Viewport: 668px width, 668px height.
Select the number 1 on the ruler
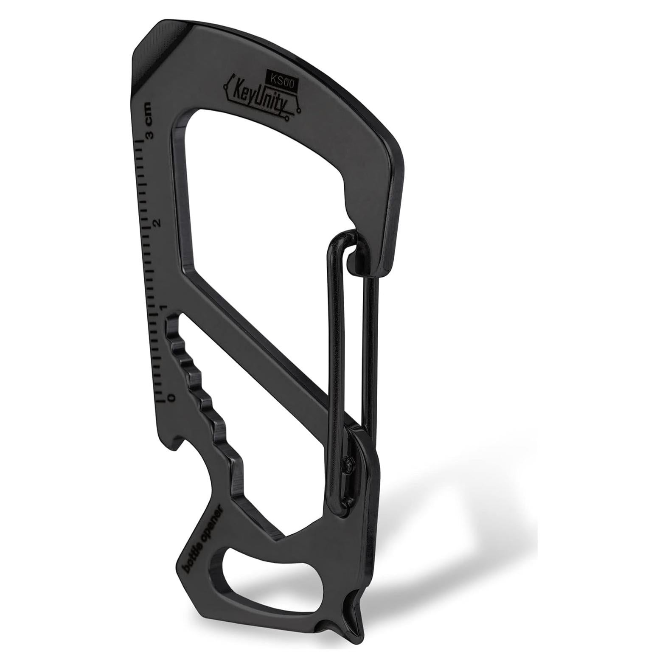tap(163, 307)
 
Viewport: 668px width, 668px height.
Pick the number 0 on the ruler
tap(171, 397)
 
